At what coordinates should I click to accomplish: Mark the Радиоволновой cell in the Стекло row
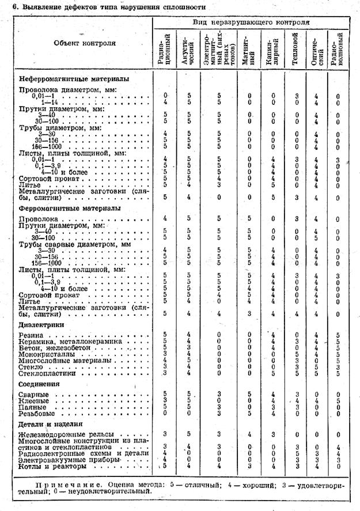pos(338,366)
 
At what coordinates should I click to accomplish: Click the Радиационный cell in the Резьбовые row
pos(165,413)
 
